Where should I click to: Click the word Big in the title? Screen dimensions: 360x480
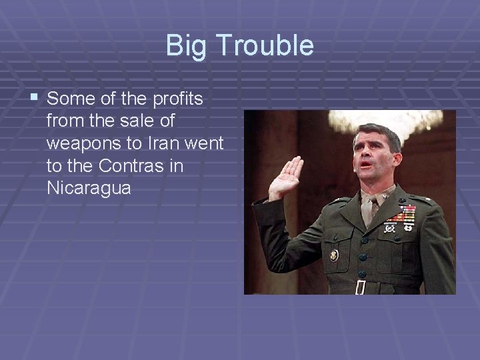181,46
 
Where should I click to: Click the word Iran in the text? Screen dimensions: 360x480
162,143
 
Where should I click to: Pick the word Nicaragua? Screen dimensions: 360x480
89,188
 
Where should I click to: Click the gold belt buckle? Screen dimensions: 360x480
360,287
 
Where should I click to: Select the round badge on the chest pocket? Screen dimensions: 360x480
334,254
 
